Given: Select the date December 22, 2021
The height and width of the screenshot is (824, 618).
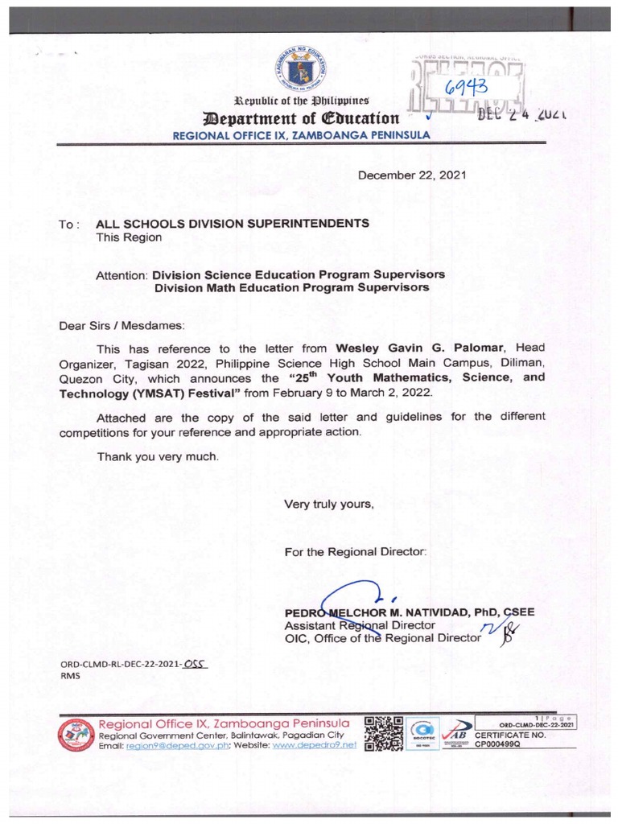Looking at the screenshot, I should [x=411, y=175].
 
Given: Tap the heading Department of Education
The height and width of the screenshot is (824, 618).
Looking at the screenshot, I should [x=301, y=118].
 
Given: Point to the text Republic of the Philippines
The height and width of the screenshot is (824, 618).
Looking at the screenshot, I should [x=301, y=101].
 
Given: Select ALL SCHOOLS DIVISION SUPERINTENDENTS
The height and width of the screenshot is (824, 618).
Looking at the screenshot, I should [x=233, y=223].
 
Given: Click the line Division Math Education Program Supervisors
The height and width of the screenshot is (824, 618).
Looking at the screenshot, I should [x=291, y=286].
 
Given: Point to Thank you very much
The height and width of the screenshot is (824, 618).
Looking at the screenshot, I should [x=158, y=456].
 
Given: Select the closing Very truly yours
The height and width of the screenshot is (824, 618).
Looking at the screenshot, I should [x=329, y=505].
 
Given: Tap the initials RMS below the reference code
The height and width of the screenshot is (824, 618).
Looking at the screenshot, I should [x=71, y=677].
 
